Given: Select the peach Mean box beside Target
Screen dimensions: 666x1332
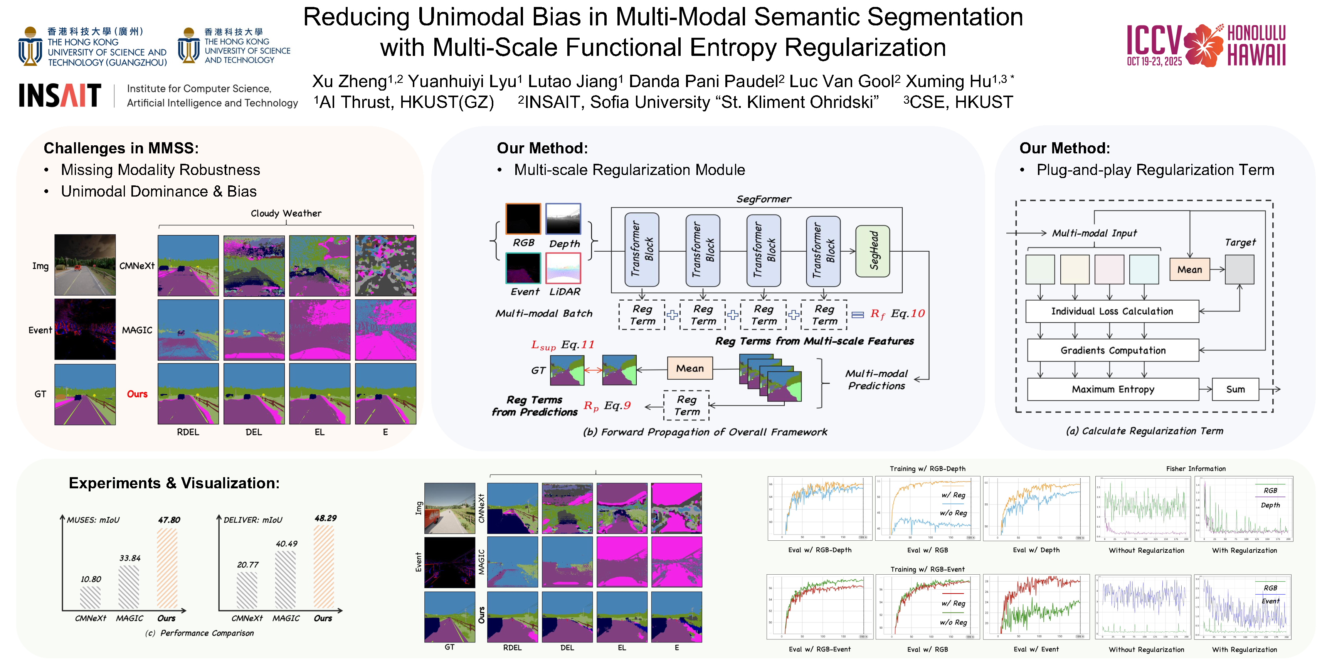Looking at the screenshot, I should point(1189,269).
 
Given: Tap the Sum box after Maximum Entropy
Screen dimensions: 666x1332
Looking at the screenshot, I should point(1235,389).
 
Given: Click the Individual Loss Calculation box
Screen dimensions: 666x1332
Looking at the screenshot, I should point(1112,311).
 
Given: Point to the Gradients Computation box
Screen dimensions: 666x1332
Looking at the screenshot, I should point(1113,351).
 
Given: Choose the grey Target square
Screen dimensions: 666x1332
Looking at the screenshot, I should point(1239,269).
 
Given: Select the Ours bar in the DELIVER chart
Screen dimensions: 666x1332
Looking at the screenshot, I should point(324,567).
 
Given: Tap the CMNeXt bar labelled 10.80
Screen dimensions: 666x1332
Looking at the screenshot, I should point(91,598).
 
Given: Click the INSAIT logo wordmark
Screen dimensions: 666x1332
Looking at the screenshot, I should point(60,96).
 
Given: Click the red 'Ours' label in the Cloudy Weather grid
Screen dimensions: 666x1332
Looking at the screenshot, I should point(137,394).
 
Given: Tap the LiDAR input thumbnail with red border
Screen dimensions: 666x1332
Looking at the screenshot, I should point(563,268).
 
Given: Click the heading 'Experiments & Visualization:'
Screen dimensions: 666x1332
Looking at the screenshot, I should point(174,483).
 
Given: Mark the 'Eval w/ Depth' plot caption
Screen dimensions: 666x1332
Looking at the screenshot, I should point(1036,550).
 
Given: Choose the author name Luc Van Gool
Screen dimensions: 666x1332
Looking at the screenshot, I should point(844,82).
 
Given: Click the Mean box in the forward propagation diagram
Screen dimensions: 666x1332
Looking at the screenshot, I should point(690,368).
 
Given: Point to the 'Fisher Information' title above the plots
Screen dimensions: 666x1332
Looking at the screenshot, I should point(1196,469).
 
